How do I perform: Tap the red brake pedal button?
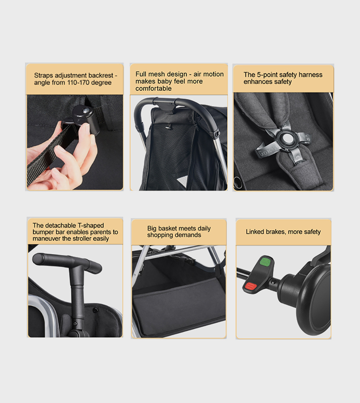point(250,286)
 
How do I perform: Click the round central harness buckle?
point(287,139)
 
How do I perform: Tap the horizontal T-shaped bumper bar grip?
point(66,262)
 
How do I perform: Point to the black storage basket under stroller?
point(180,303)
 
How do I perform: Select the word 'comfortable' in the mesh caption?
point(153,88)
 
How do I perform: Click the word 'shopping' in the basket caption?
point(160,235)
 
